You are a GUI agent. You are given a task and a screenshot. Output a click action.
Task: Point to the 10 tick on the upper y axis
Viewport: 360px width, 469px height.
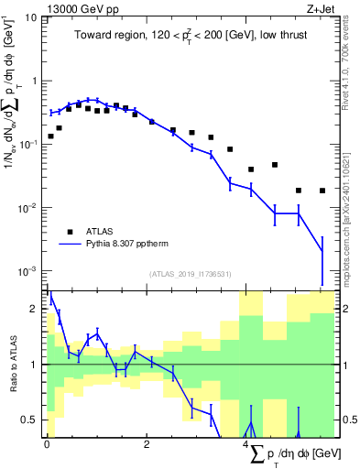[x=31, y=17]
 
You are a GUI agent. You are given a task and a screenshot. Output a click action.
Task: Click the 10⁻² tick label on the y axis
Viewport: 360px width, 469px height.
[x=27, y=208]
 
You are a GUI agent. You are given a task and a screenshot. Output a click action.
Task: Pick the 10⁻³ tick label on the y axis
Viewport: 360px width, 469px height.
[x=27, y=271]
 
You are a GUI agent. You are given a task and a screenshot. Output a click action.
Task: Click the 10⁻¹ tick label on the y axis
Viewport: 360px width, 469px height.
[x=27, y=145]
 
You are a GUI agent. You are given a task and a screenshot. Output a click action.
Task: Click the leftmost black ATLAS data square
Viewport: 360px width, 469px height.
[x=50, y=136]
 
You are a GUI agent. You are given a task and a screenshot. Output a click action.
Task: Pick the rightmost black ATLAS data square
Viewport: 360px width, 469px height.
[x=322, y=191]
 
